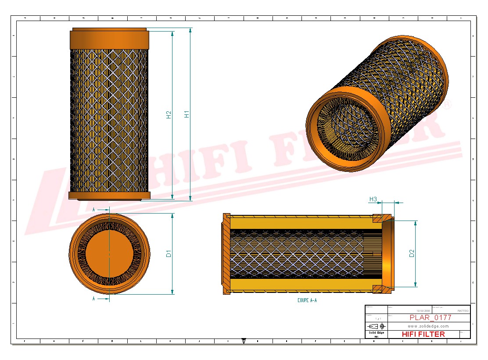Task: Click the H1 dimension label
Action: pos(187,114)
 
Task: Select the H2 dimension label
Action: pos(169,114)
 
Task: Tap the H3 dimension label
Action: pos(373,199)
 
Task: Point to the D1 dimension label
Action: pos(169,253)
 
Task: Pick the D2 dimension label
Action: pos(412,253)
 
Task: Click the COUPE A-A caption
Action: pos(307,300)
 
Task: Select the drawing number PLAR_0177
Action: pos(430,317)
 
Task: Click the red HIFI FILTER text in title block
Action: pos(423,334)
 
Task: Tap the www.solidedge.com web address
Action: pos(428,326)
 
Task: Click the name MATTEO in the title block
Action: pos(463,310)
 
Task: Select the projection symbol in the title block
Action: pos(377,326)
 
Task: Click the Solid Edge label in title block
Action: pos(376,333)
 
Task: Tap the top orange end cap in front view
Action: pos(109,39)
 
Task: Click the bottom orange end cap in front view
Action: pos(109,195)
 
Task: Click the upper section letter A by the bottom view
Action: pos(93,210)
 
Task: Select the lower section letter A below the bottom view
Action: pos(93,299)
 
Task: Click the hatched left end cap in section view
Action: pos(226,253)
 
